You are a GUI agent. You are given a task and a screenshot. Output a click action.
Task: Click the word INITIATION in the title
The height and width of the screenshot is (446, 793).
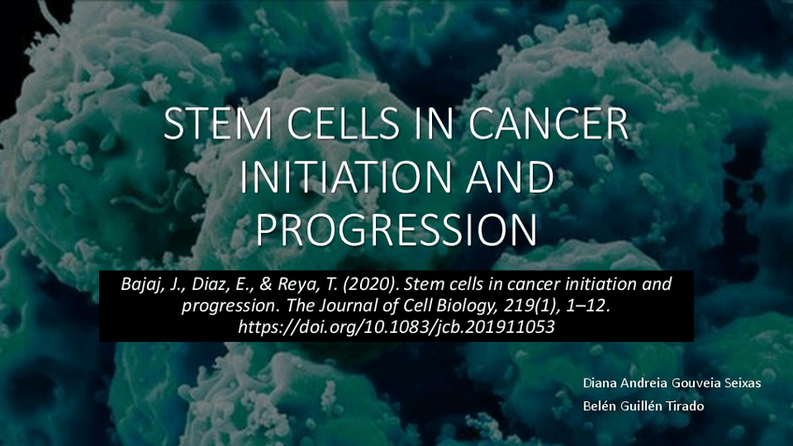(x=345, y=177)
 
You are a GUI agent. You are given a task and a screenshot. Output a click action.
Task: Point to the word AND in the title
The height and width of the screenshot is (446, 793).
(x=510, y=177)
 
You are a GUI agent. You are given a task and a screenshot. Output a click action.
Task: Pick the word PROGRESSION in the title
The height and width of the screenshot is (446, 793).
(x=396, y=230)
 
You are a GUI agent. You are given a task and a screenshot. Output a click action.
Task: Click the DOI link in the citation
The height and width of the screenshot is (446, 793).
(x=396, y=327)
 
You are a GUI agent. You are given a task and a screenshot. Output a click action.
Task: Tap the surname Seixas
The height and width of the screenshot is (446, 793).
(x=743, y=382)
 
